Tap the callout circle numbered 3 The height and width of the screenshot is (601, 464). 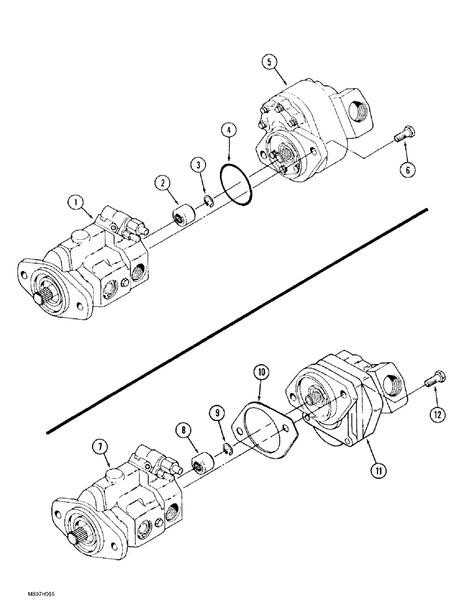click(200, 165)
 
